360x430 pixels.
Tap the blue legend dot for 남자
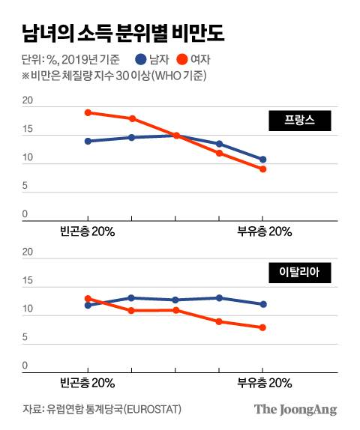[x=142, y=59]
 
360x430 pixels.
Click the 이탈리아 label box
[x=295, y=273]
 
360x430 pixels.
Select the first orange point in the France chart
[x=88, y=112]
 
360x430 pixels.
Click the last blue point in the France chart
[x=262, y=160]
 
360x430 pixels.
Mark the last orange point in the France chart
[x=262, y=169]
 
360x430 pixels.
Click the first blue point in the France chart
[x=88, y=141]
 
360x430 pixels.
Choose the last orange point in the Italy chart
[x=262, y=327]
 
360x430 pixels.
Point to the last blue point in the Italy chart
[x=262, y=304]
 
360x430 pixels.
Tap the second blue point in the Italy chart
[x=131, y=298]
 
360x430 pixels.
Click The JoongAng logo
[x=295, y=409]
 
